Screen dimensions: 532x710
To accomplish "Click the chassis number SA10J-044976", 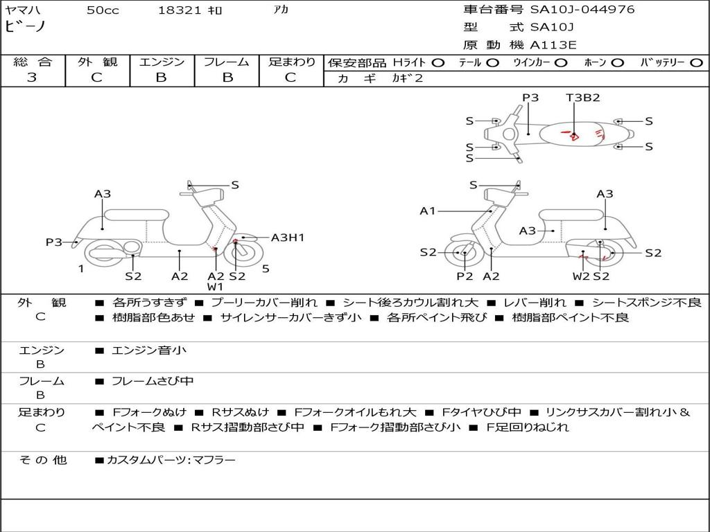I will click(x=582, y=10).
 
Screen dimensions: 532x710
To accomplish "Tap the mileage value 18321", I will click(x=179, y=10).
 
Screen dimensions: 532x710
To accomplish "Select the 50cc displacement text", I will click(x=103, y=10).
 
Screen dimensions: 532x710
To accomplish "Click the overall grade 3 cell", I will click(x=32, y=78).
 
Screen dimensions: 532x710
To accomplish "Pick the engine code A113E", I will click(x=553, y=46).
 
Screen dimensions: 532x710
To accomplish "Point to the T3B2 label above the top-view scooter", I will click(x=582, y=98).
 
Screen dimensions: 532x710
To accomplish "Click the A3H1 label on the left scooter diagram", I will click(x=287, y=238).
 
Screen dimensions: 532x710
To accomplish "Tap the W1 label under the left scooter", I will click(x=216, y=287).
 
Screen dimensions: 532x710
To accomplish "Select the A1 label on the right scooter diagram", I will click(x=428, y=211).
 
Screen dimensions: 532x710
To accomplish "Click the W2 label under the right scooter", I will click(x=580, y=276).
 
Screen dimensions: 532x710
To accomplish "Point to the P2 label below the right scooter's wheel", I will click(x=465, y=276).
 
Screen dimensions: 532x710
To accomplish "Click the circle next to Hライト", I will click(x=439, y=63).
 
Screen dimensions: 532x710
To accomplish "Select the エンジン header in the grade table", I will click(x=162, y=62).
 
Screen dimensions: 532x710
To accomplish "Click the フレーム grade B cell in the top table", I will click(x=227, y=78).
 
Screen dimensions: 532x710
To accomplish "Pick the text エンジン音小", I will click(x=148, y=351).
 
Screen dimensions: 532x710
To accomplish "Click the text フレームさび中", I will click(x=152, y=381).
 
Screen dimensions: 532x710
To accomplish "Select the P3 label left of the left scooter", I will click(x=54, y=242).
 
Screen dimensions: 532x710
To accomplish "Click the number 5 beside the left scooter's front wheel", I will click(x=266, y=268).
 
